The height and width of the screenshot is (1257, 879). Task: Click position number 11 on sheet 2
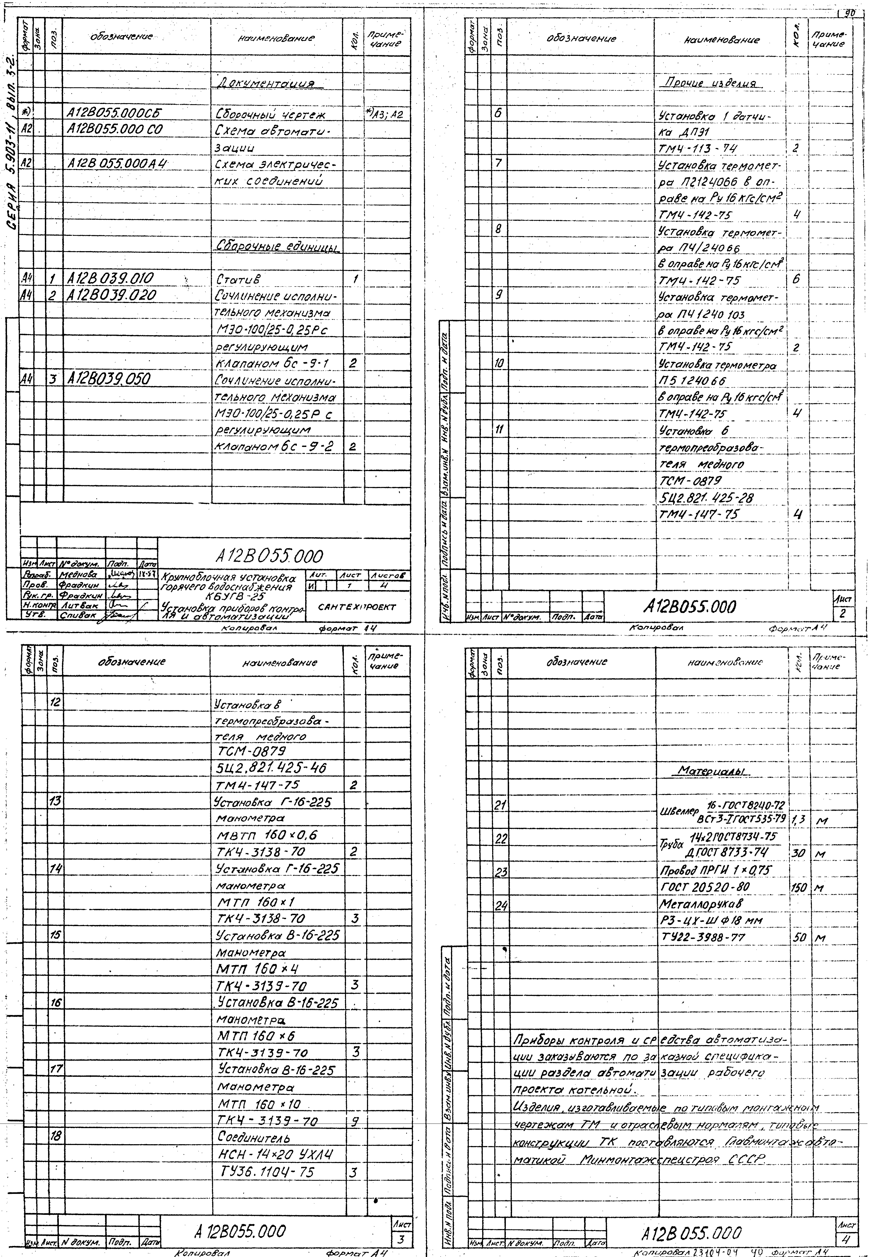(499, 430)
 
